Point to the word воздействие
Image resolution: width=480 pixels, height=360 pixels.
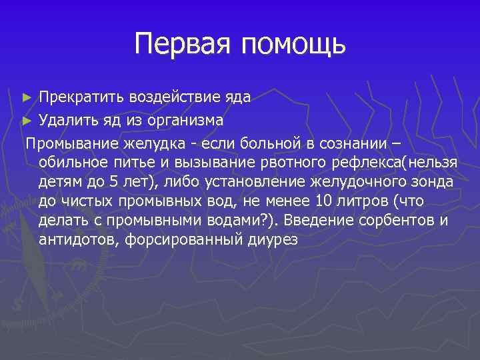pos(174,97)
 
